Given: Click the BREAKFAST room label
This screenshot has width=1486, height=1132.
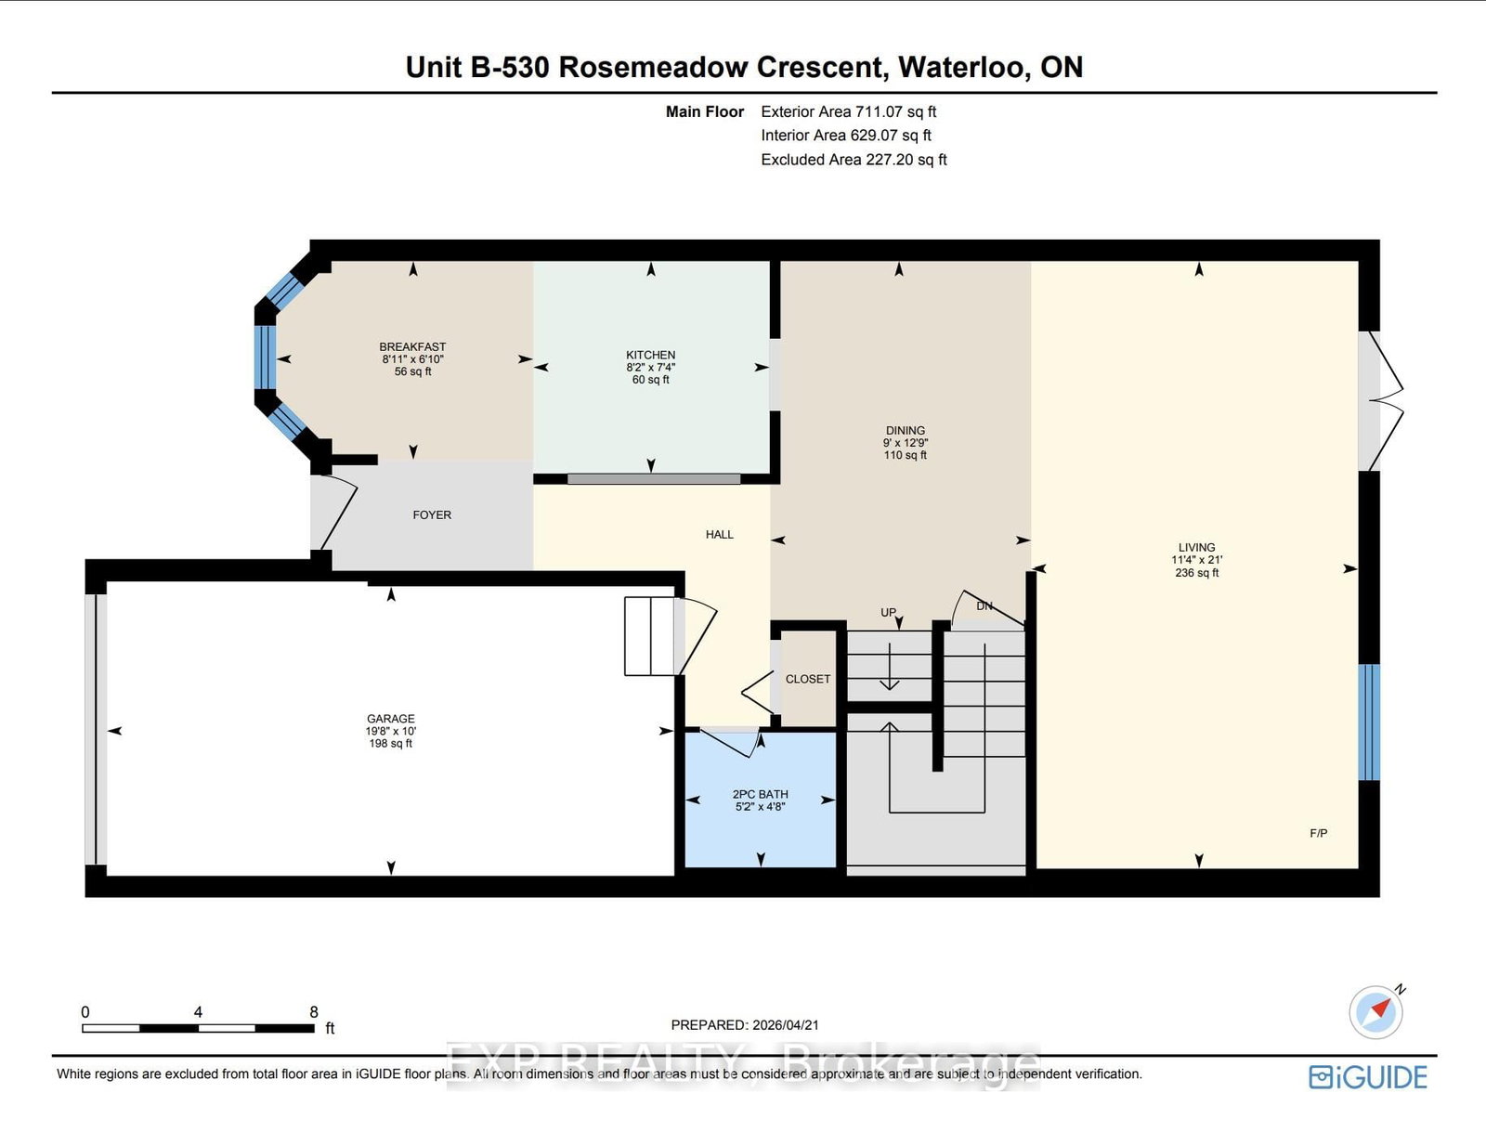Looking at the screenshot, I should pos(412,347).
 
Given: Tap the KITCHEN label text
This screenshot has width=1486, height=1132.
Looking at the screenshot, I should pos(650,356).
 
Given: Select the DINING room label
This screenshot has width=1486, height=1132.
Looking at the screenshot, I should pos(905,431).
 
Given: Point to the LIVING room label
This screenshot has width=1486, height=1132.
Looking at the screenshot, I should pos(1196,548).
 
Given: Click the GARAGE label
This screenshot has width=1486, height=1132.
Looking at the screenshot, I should pos(390,719).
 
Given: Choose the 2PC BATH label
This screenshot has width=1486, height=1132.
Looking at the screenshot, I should pos(760,795).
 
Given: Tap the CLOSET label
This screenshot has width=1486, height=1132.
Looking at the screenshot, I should pos(807,680).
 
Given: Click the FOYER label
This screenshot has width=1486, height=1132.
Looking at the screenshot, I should pos(432,515).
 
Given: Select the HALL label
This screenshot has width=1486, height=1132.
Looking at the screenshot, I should pos(719,535).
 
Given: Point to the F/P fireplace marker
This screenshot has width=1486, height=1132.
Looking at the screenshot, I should pos(1318,834).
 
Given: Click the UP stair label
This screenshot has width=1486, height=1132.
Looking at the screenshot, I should pos(888,613).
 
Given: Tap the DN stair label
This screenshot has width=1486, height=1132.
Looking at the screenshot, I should pos(984,606).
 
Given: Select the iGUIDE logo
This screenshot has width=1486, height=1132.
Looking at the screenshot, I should pos(1367,1077).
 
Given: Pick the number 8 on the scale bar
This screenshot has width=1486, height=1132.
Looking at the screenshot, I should pos(314,1012).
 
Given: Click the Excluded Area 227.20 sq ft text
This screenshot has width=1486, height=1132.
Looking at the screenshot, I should pos(854,160).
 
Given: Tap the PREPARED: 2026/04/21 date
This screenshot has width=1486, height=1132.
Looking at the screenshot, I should pos(745,1025).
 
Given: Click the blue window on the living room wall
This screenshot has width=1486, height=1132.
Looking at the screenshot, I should pos(1368,722).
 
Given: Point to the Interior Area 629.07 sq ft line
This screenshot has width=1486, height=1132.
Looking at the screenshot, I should pos(845,136).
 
